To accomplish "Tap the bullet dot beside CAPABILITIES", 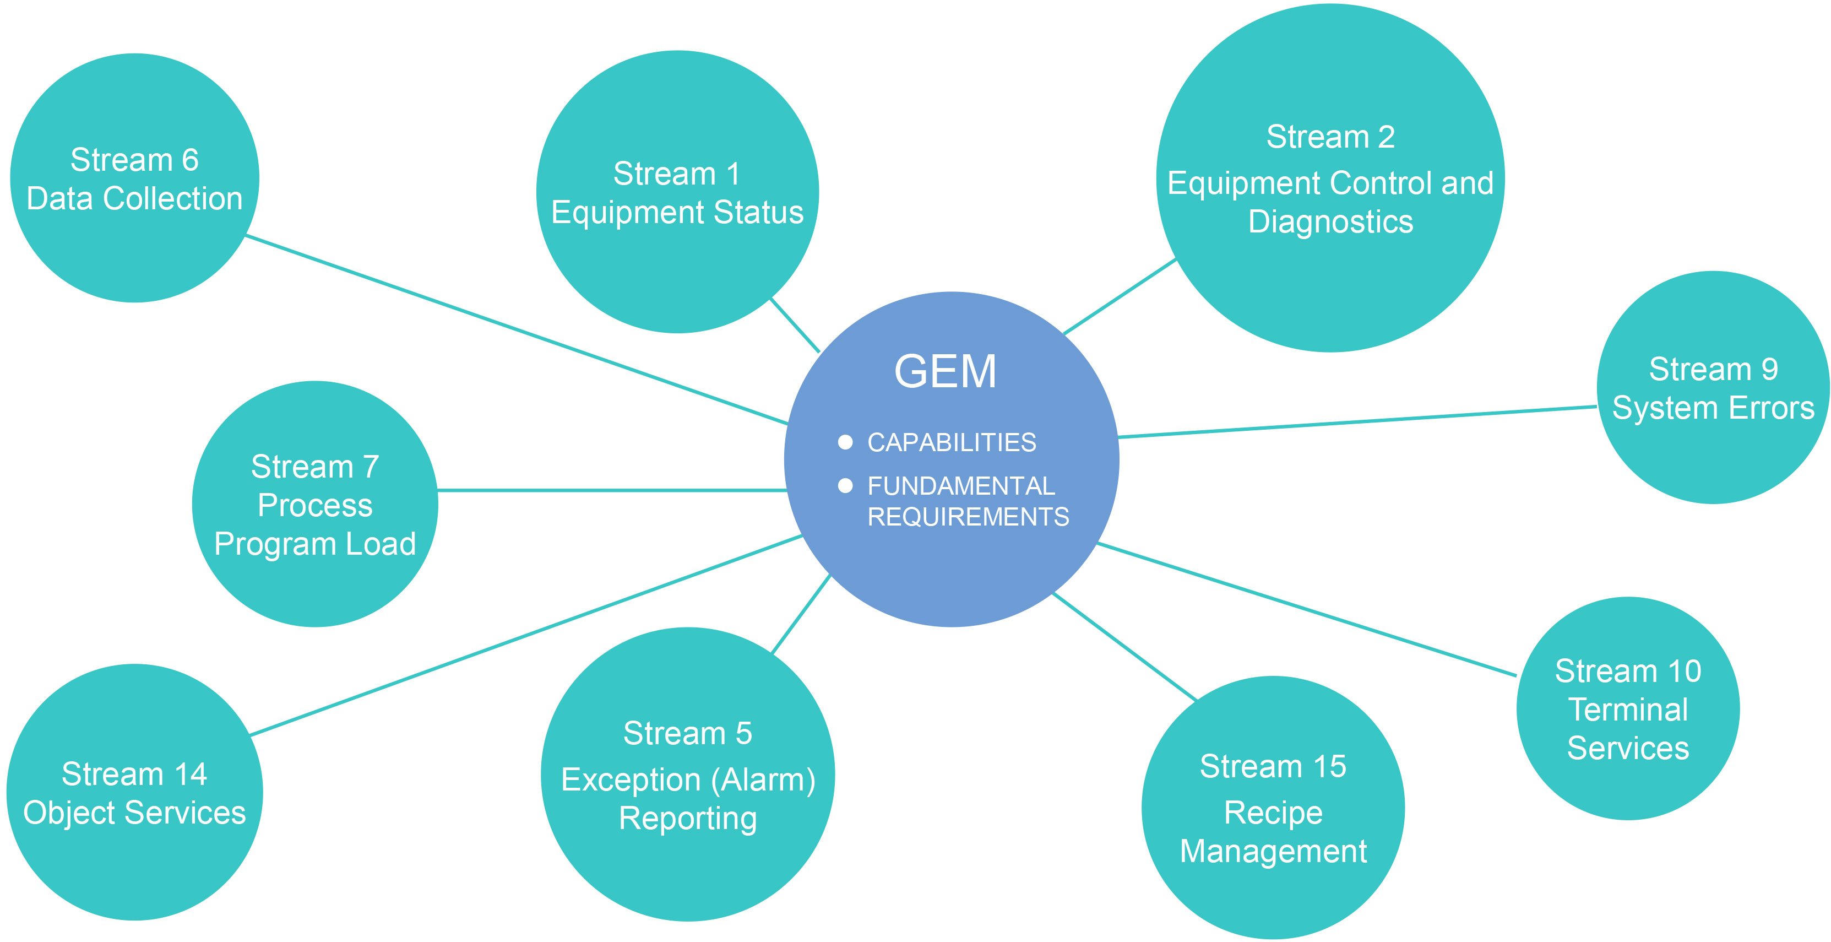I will tap(845, 442).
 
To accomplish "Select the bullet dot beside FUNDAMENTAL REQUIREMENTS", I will tap(845, 485).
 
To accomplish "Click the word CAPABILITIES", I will tap(951, 442).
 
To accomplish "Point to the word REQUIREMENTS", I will tap(968, 516).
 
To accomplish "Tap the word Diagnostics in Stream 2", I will tap(1330, 222).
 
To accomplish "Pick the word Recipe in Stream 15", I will tap(1273, 812).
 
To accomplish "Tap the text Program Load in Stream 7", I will tap(315, 544).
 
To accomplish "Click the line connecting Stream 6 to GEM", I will tap(517, 330).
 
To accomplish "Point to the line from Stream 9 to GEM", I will tap(1357, 421).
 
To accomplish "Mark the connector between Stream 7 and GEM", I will tap(611, 490).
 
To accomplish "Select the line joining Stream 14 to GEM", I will tap(526, 636).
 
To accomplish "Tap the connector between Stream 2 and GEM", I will tap(1120, 296).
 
